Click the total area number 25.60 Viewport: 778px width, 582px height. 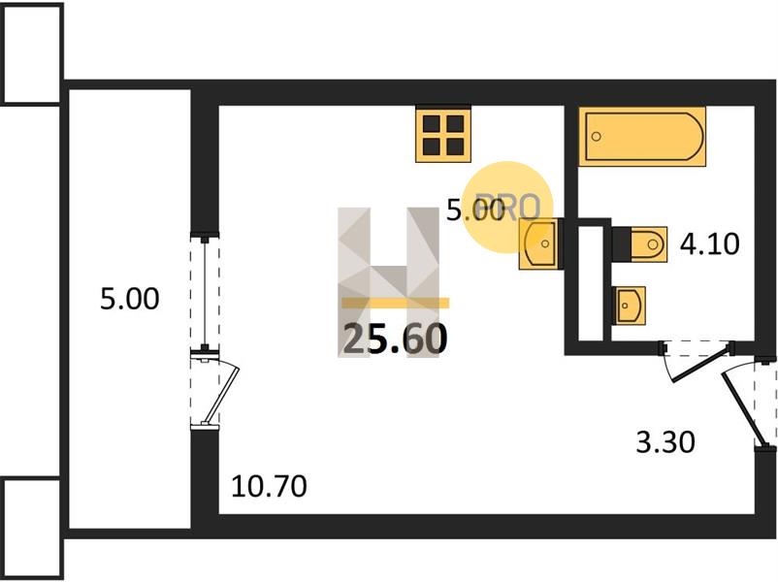coord(396,339)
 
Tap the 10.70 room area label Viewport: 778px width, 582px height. coord(269,486)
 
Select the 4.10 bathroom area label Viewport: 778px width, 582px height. coord(709,244)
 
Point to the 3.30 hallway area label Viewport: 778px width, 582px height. coord(665,442)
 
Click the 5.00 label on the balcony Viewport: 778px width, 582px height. coord(130,299)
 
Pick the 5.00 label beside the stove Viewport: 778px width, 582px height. coord(474,210)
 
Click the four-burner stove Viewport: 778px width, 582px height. coord(443,134)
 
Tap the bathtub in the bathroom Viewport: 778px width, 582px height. coord(642,136)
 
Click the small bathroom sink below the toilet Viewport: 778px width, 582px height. coord(630,306)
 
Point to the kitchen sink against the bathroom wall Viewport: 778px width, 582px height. coord(538,243)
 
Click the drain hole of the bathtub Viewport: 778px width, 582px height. coord(597,136)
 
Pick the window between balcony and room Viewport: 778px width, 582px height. coord(205,293)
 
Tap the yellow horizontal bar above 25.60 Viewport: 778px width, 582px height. coord(396,304)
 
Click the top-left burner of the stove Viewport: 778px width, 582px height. coord(431,123)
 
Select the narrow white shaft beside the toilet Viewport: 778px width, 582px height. coord(591,284)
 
